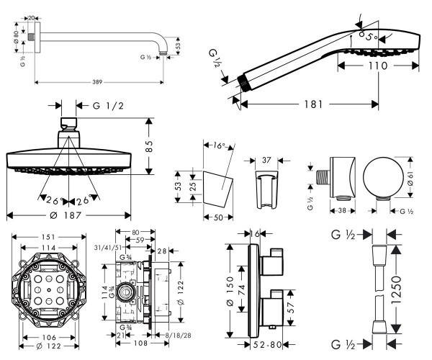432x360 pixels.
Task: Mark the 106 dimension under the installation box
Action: pyautogui.click(x=50, y=336)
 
